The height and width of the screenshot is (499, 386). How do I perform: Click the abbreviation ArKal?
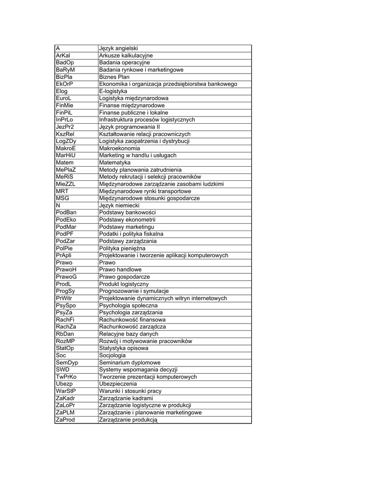[x=63, y=56]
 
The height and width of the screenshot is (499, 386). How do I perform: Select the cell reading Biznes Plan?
[x=114, y=77]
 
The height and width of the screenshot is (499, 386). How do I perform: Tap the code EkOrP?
[x=64, y=84]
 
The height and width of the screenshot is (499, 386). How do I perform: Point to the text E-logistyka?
[x=113, y=91]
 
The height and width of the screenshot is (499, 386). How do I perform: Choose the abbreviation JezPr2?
[x=64, y=127]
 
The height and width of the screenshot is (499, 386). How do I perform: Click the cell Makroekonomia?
[x=120, y=148]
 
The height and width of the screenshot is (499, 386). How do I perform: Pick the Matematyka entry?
[x=115, y=162]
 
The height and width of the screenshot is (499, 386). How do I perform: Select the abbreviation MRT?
[x=62, y=191]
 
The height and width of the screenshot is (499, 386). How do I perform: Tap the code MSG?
[x=62, y=198]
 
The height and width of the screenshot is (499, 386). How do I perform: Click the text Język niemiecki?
[x=120, y=206]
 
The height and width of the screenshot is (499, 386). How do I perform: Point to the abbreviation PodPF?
[x=64, y=234]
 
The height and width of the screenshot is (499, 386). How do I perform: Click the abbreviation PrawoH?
[x=66, y=269]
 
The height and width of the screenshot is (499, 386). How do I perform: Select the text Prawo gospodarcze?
[x=124, y=277]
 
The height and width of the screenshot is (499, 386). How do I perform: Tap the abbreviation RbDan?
[x=65, y=334]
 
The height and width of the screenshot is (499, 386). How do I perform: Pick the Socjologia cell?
[x=112, y=355]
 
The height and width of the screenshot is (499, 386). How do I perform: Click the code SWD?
[x=63, y=370]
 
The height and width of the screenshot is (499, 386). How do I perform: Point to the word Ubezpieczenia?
[x=119, y=384]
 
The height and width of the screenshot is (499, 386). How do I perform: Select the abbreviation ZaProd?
[x=65, y=420]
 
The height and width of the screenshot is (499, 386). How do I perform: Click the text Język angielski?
[x=119, y=48]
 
